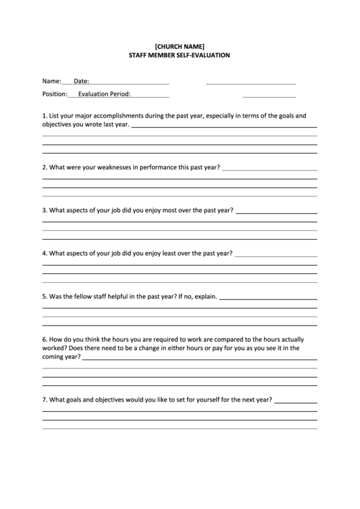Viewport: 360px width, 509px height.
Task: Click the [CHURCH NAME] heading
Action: tap(179, 46)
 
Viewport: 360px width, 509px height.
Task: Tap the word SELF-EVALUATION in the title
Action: tap(202, 55)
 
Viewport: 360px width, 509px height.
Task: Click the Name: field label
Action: tap(52, 81)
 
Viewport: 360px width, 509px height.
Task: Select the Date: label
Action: tap(81, 81)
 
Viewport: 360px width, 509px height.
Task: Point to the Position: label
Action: tap(54, 94)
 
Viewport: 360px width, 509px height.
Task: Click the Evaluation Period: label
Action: tap(104, 94)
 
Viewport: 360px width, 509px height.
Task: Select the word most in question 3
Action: tap(173, 210)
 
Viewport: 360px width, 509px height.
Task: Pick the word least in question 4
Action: tap(172, 253)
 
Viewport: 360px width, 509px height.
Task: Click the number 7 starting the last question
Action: tap(44, 400)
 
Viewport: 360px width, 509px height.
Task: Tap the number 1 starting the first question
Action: tap(44, 116)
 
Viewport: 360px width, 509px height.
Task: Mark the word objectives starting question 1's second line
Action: tap(58, 124)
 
